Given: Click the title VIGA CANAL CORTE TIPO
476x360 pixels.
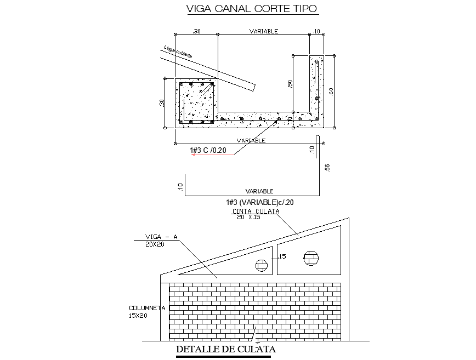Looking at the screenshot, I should [252, 9].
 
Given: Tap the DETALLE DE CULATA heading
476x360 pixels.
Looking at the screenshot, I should [225, 349].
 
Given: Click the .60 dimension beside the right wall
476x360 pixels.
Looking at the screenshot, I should [331, 92].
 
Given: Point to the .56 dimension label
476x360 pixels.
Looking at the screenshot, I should [327, 168].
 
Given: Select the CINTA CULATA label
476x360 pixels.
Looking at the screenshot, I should [256, 211].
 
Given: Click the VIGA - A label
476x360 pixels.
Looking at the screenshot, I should [161, 237].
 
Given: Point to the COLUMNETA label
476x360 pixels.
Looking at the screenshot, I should [147, 308].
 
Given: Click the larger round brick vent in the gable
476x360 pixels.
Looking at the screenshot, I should [311, 258].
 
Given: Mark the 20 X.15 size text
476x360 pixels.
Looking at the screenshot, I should [248, 217].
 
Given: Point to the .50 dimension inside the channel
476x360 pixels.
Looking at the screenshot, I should [290, 83].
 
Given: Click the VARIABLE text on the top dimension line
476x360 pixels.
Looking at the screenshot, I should [263, 31].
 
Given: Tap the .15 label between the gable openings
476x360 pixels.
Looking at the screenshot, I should [282, 256].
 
